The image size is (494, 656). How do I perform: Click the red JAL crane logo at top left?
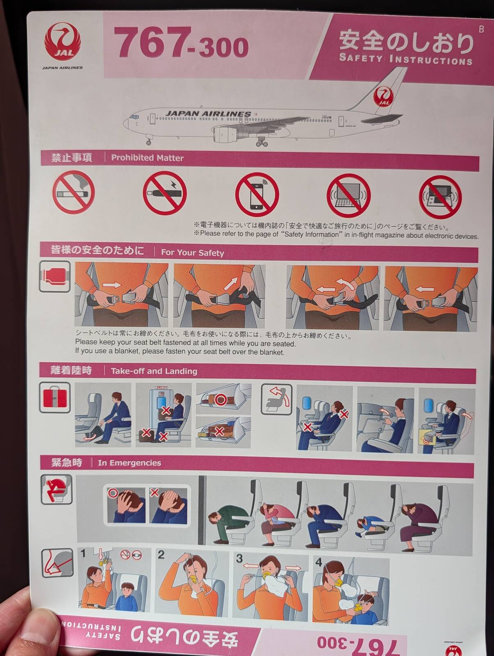point(63,41)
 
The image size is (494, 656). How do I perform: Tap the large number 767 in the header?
point(152,43)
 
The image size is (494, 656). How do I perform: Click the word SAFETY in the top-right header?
point(360,57)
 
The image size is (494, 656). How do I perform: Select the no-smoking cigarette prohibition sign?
point(73,192)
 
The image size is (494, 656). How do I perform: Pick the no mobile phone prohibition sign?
point(257,194)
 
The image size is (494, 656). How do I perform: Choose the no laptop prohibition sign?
point(348,196)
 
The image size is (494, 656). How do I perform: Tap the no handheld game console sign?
point(440,197)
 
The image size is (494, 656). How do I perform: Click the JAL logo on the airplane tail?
point(383,96)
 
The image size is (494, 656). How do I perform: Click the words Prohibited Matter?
point(147,158)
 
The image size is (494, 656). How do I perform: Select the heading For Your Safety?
point(192,253)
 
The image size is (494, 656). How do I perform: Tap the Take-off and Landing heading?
point(154,371)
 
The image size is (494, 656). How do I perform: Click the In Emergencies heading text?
point(130,463)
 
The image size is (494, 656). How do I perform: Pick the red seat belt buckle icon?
point(55,276)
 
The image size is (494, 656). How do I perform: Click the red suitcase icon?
point(55,398)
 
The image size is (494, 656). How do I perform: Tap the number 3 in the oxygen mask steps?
point(239,558)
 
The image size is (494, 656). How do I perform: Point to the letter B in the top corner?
point(481,29)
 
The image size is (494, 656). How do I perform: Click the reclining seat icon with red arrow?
point(276,400)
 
